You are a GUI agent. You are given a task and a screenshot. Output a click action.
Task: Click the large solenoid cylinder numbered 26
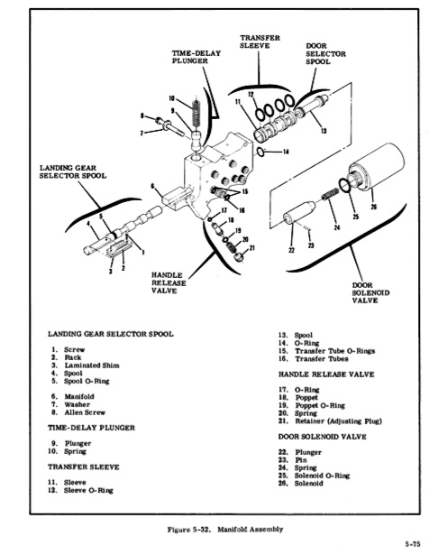click(x=377, y=169)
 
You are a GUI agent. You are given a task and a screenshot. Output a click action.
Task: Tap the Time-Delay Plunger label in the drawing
click(x=196, y=57)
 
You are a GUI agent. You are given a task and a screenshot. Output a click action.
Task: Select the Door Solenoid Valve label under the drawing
click(x=370, y=292)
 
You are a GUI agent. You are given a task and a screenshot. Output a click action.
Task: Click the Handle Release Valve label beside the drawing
click(x=169, y=282)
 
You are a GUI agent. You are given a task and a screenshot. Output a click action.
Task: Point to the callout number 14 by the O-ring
click(x=286, y=152)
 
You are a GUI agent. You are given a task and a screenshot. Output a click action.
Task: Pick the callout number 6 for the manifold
click(x=152, y=186)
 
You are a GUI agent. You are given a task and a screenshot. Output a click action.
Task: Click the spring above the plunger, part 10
click(x=196, y=110)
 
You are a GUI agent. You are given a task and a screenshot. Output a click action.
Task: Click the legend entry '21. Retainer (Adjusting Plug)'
click(x=330, y=421)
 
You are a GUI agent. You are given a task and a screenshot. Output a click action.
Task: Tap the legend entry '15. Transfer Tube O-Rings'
click(x=326, y=351)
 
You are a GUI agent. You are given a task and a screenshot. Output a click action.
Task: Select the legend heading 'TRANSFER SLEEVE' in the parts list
click(x=84, y=467)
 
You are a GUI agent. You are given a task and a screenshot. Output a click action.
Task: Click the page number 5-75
click(x=413, y=543)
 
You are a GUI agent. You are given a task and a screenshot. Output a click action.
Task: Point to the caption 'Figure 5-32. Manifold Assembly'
click(x=225, y=530)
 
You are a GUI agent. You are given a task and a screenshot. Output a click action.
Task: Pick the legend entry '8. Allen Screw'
click(x=78, y=412)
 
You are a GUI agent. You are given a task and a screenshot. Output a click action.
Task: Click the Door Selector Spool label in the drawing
click(x=325, y=54)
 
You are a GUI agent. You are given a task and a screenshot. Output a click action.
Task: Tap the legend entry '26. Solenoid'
click(x=300, y=484)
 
